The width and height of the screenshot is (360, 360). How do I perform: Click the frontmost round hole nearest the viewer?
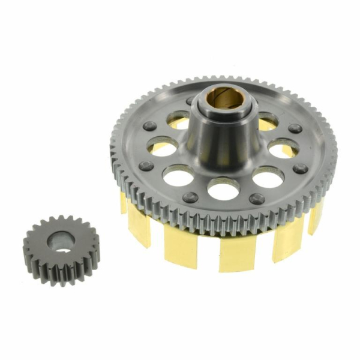point(223,187)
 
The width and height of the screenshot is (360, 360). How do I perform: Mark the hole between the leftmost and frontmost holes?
point(178,175)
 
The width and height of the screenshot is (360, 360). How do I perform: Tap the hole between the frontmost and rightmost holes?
point(268,176)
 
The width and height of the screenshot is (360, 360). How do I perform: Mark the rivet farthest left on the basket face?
point(145,166)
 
